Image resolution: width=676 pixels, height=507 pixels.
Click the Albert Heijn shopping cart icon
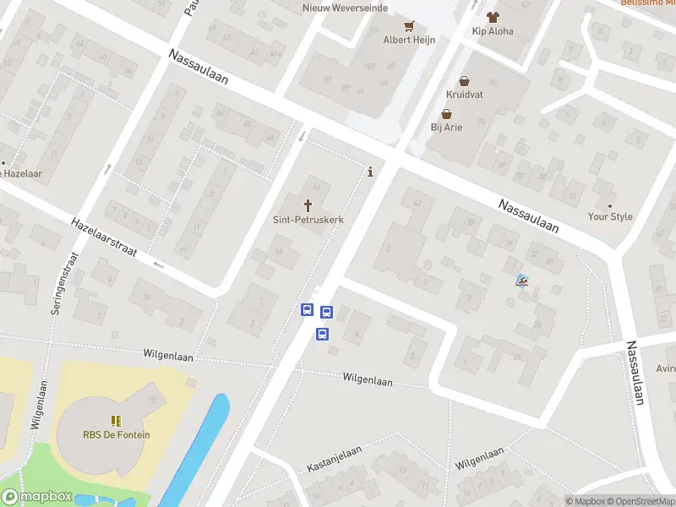click(409, 25)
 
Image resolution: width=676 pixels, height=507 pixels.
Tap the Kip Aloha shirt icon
click(493, 16)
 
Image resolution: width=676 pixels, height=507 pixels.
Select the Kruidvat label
click(465, 95)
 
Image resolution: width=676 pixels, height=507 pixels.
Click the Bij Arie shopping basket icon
click(445, 114)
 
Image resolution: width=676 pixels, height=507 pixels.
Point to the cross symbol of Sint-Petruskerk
click(308, 204)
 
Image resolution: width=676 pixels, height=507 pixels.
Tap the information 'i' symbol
click(370, 172)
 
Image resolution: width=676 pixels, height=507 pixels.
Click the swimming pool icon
click(521, 281)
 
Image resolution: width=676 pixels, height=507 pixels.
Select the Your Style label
click(610, 217)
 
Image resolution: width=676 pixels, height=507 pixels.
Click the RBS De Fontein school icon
click(116, 420)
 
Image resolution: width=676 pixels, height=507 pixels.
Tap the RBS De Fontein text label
click(116, 435)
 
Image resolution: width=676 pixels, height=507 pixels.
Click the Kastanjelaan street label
click(334, 454)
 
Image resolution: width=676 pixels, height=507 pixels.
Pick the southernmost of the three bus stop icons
click(322, 334)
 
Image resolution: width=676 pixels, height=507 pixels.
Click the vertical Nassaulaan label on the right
click(635, 373)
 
